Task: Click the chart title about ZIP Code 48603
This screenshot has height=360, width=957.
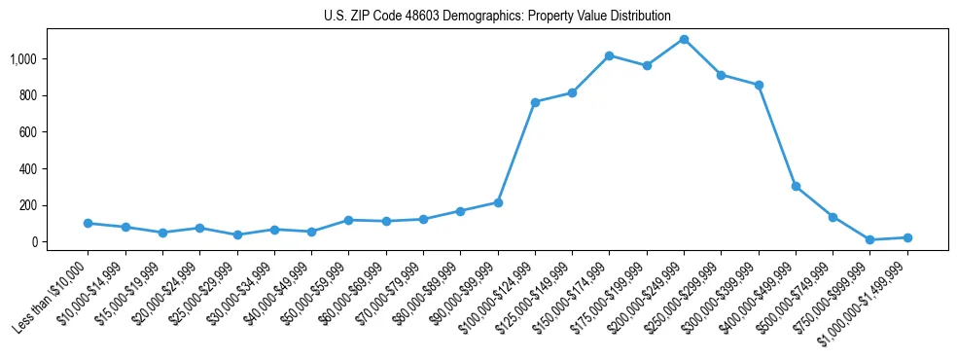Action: point(497,16)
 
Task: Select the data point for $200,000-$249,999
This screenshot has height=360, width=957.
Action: point(684,39)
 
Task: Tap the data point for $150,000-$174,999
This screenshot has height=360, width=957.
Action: point(609,55)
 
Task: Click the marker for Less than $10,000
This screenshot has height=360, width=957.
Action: point(88,223)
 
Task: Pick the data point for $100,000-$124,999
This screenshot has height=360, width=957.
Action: point(535,102)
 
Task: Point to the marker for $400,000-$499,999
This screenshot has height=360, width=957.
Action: point(796,186)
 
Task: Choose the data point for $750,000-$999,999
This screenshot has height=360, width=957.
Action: point(869,239)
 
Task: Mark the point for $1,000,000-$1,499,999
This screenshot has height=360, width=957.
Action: point(907,237)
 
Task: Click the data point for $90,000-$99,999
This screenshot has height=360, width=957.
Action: point(498,202)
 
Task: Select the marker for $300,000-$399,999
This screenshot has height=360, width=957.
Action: point(759,85)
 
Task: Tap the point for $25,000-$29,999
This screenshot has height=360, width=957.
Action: point(237,234)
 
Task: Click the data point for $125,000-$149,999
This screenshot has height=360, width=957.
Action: point(572,92)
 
